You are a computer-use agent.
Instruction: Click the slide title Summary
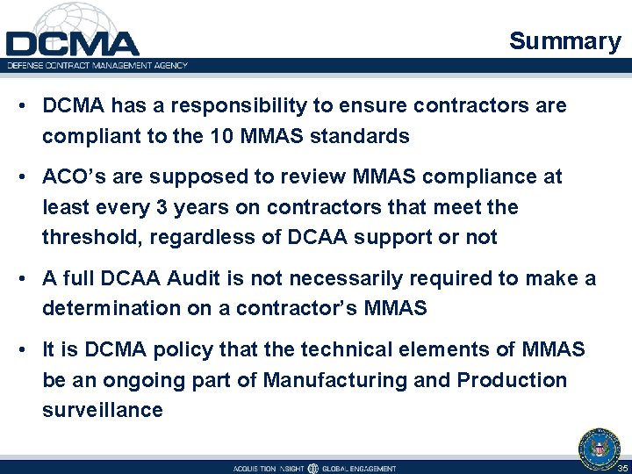click(564, 41)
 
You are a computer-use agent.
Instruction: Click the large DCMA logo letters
click(72, 43)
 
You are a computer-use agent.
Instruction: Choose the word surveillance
click(103, 410)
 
